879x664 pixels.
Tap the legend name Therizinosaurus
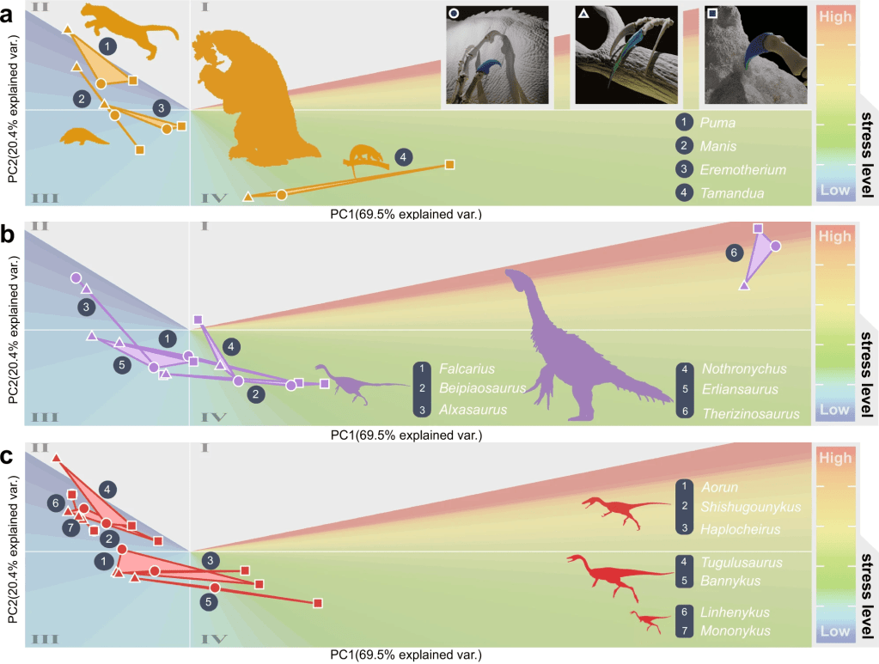[x=750, y=413]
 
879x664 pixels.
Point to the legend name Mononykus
[x=735, y=631]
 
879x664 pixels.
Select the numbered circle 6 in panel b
[x=733, y=253]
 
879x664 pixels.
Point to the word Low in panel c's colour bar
[x=834, y=631]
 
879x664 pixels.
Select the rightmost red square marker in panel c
[x=317, y=604]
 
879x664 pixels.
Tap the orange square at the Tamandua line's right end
[x=449, y=163]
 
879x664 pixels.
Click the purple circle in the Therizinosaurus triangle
[x=775, y=246]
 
